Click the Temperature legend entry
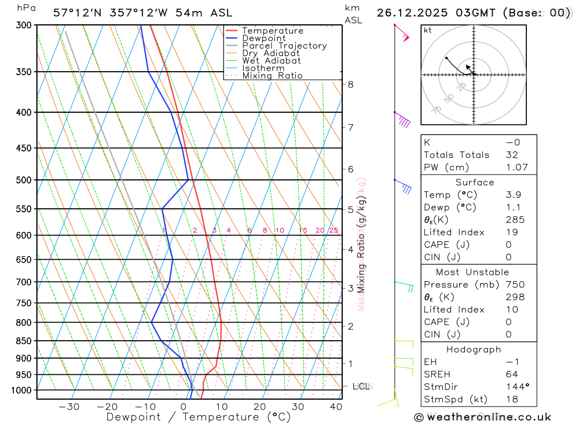tap(272, 31)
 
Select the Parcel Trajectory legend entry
tap(284, 46)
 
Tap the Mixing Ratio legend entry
tap(272, 76)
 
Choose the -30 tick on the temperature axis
tap(69, 407)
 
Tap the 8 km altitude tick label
tap(350, 84)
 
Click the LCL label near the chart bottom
tap(361, 386)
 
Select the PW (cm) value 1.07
tap(516, 167)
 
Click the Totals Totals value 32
tap(511, 154)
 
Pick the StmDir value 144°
tap(515, 386)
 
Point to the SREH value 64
tap(511, 374)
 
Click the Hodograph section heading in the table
tap(474, 349)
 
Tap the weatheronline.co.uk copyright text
tap(483, 417)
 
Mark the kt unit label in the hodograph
tap(428, 30)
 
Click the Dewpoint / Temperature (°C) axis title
tap(199, 417)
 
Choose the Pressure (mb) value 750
tap(515, 285)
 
